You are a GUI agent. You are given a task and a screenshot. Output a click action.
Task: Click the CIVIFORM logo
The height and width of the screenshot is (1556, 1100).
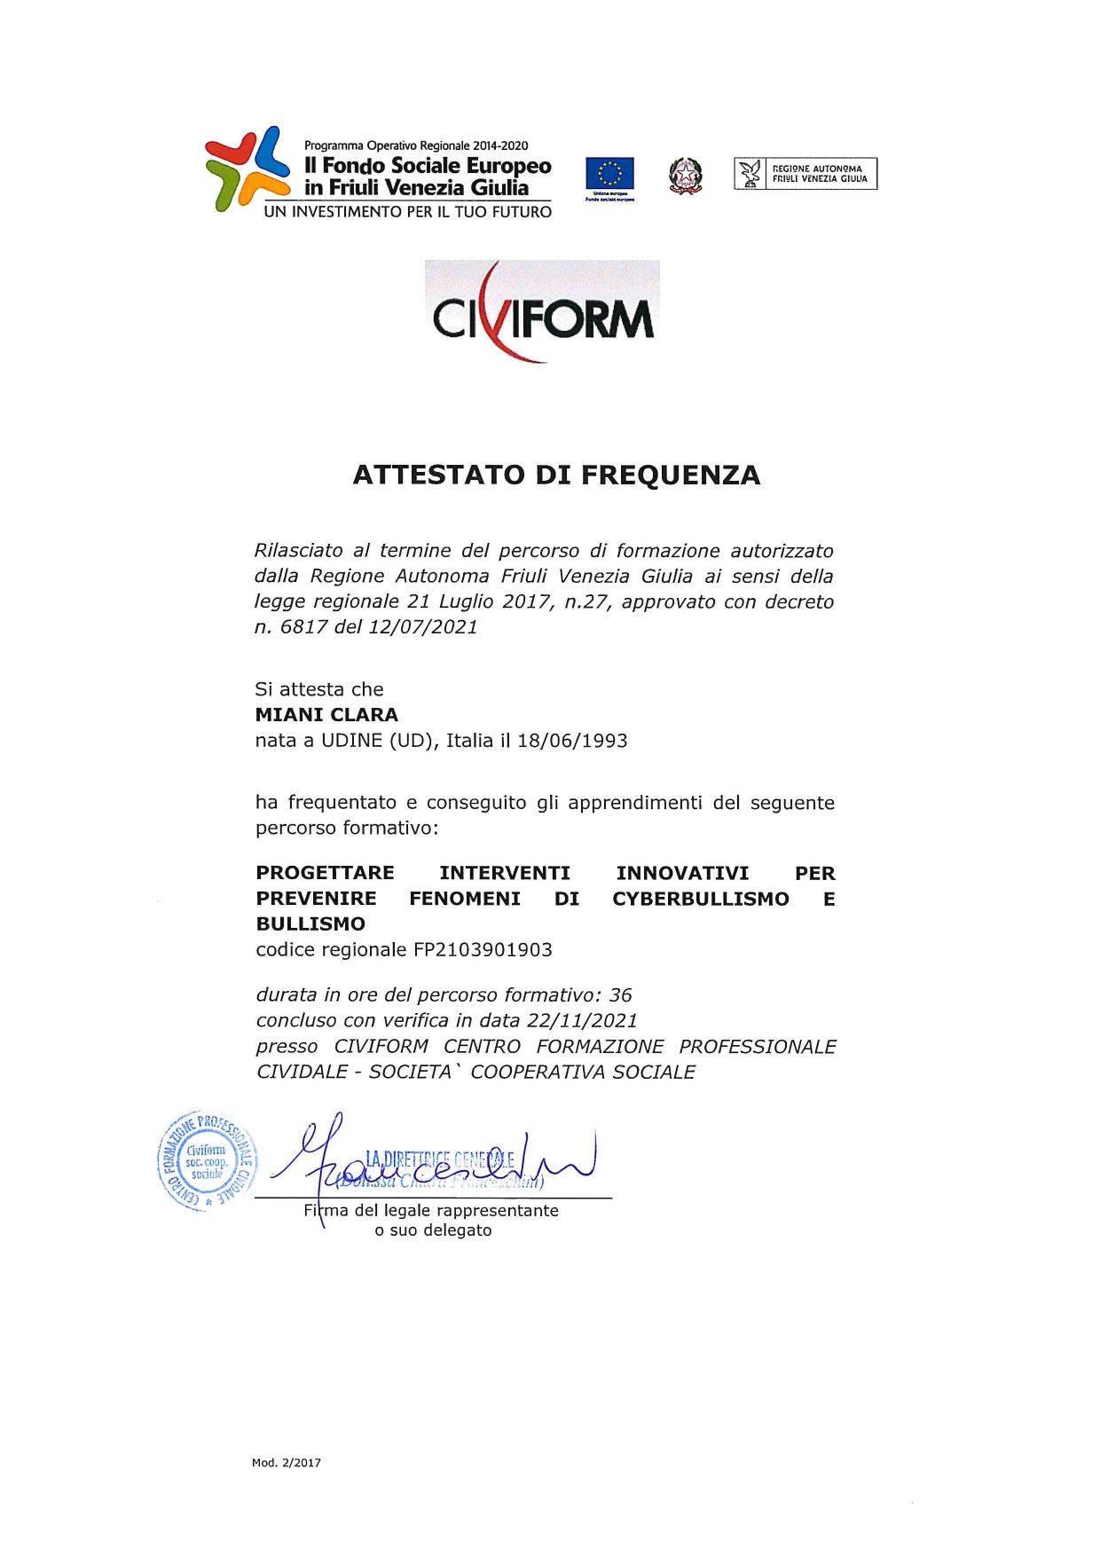click(542, 312)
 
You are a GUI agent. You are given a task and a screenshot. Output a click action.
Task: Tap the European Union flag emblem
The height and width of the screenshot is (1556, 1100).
click(609, 174)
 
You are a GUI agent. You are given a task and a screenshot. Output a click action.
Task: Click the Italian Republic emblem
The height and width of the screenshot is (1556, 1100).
click(685, 176)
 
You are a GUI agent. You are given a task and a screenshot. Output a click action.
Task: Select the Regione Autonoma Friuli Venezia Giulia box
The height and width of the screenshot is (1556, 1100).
click(805, 174)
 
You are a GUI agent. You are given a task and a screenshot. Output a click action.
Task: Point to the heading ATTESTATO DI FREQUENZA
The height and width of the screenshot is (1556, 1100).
click(556, 475)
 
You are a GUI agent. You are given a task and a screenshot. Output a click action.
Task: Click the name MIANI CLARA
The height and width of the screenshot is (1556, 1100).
click(326, 715)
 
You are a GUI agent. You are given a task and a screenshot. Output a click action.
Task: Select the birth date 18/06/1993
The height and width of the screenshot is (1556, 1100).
click(572, 741)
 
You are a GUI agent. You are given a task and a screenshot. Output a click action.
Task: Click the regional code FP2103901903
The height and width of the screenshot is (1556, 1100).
click(483, 950)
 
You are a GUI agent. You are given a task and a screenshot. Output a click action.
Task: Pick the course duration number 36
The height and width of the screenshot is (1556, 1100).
click(620, 995)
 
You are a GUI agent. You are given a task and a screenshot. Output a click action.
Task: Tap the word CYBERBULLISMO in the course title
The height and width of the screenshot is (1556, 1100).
click(700, 899)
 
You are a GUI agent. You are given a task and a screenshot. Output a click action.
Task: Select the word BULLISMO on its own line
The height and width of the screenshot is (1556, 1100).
click(310, 924)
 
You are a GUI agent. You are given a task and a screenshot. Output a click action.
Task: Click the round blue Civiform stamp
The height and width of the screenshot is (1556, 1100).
click(207, 1160)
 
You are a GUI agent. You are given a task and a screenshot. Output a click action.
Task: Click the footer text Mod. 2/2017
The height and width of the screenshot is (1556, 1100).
click(286, 1463)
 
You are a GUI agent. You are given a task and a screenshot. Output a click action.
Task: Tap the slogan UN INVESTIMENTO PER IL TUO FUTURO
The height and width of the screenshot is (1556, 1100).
click(408, 212)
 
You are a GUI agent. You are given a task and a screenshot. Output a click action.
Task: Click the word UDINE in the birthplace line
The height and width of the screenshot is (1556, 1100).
click(352, 741)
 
